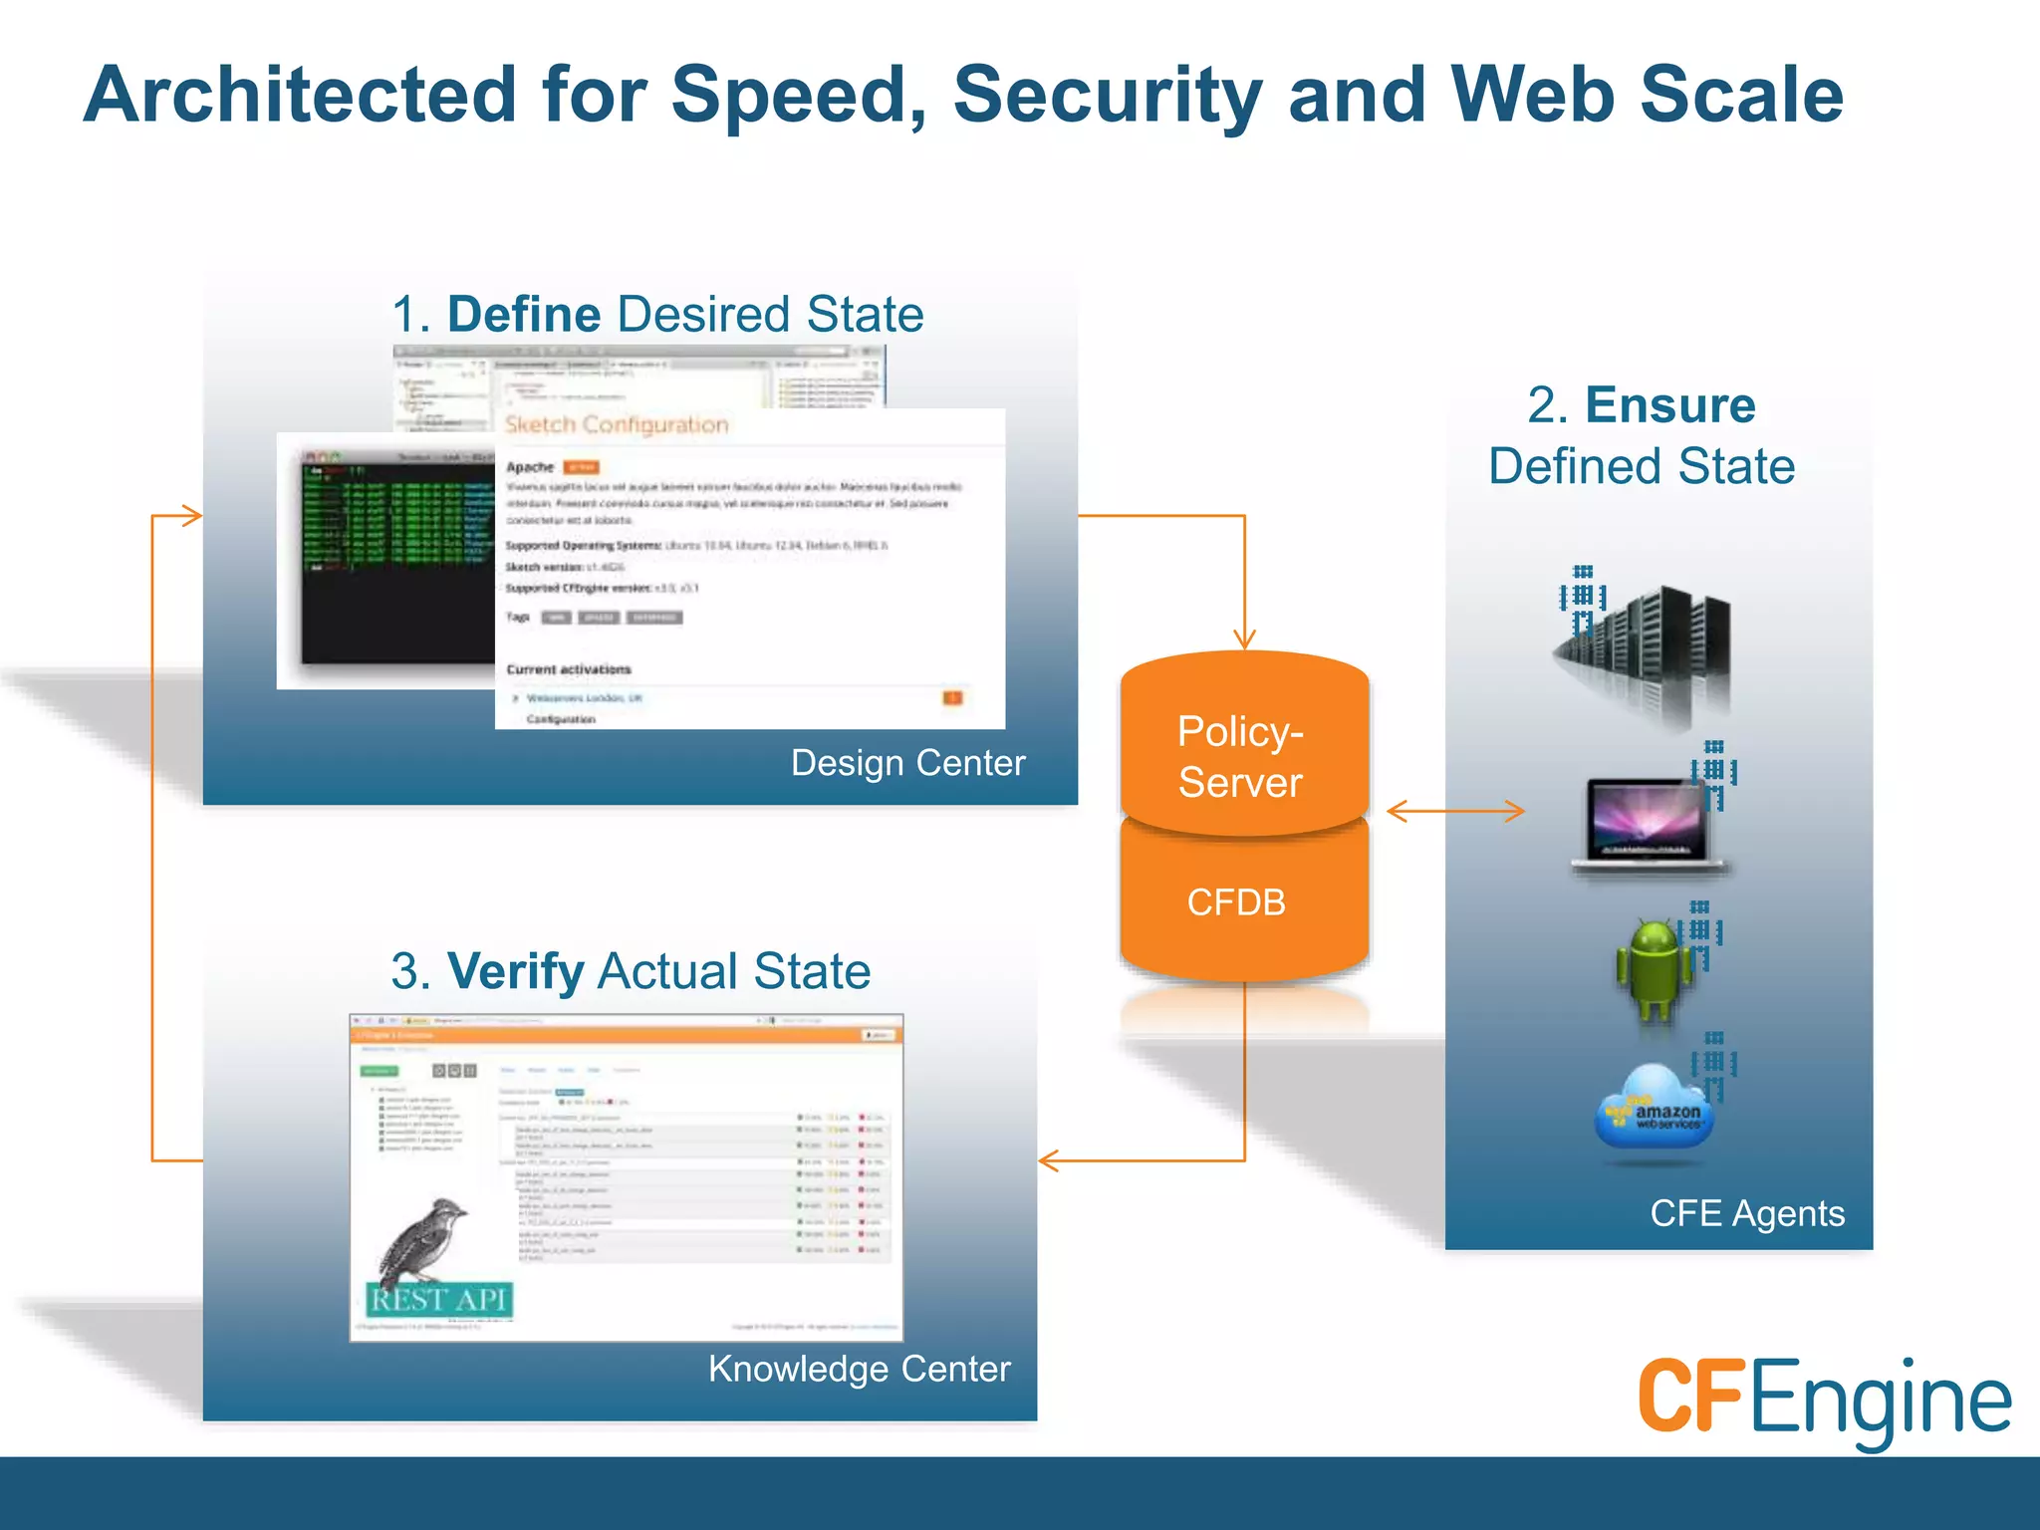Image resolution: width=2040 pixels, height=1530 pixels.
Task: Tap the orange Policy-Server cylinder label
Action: (x=1240, y=757)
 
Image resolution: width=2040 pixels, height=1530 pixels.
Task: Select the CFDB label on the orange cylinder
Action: (x=1236, y=902)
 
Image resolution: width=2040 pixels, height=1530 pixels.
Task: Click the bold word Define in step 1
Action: (x=524, y=315)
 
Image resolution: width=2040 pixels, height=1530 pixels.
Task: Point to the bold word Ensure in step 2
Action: (x=1669, y=405)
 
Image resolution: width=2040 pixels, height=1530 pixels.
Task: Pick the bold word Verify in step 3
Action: (x=515, y=971)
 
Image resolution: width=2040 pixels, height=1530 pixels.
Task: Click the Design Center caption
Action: (x=907, y=763)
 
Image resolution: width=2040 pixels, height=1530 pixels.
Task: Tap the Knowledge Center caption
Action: (x=859, y=1369)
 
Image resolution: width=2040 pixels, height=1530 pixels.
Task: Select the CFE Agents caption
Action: (x=1747, y=1213)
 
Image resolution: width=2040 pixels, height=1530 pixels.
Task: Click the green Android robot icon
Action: (x=1654, y=971)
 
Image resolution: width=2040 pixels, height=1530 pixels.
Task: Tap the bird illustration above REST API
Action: (x=423, y=1240)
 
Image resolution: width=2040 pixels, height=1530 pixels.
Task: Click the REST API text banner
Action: (x=439, y=1300)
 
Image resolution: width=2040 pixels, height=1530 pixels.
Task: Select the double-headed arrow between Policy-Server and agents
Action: (x=1455, y=812)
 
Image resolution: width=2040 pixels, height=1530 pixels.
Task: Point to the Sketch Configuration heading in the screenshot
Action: (x=617, y=425)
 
